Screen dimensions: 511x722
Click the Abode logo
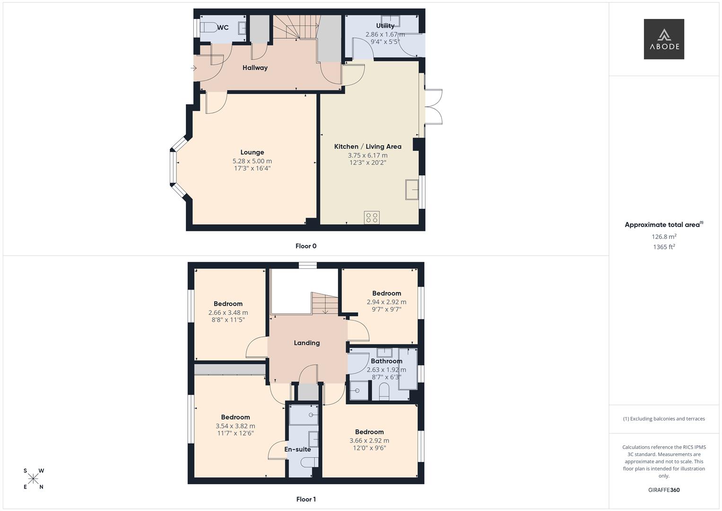(663, 39)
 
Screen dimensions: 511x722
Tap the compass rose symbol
(34, 479)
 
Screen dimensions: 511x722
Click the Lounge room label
(252, 152)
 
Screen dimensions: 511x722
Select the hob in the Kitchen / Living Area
(372, 218)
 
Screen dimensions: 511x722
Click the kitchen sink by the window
(412, 190)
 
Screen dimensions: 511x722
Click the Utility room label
(385, 26)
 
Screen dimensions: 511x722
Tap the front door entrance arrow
(193, 68)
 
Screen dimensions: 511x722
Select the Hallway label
(255, 68)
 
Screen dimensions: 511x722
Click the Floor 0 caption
(306, 246)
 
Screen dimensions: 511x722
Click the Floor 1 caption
(306, 499)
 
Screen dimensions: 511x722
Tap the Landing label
(306, 343)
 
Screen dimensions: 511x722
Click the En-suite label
(297, 449)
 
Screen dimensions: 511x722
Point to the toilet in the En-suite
(309, 462)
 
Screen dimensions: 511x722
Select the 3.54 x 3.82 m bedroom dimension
(235, 426)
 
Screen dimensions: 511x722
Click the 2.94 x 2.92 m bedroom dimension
(386, 302)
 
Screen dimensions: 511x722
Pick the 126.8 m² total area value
(664, 237)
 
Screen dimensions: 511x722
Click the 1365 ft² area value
(664, 247)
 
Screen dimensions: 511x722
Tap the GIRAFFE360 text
(664, 490)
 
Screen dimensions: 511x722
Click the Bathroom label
(386, 361)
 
